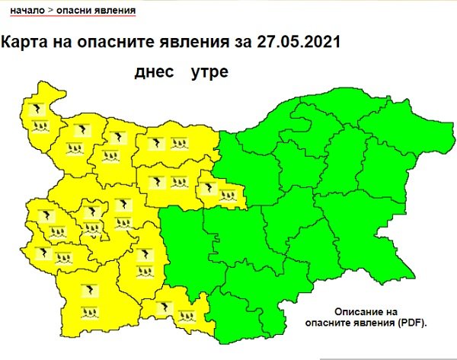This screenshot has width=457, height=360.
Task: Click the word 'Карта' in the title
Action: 24,43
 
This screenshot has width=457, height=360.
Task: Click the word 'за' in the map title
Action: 237,43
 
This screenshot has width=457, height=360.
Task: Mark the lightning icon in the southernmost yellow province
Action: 161,308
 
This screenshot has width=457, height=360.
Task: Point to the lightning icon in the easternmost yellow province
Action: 207,183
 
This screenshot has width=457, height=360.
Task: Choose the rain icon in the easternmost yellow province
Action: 225,196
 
